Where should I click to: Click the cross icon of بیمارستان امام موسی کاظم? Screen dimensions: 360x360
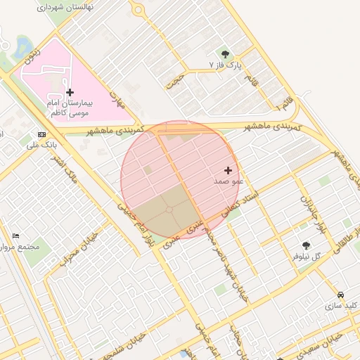(x=69, y=92)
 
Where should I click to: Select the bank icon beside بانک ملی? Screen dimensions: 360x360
(x=41, y=134)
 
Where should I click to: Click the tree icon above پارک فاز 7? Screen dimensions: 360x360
(x=225, y=53)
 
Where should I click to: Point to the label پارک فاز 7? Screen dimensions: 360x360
(x=225, y=65)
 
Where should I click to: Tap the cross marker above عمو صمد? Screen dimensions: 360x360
(x=228, y=170)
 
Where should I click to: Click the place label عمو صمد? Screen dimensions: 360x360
(x=229, y=181)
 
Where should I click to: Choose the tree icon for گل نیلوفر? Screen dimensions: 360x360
(x=306, y=245)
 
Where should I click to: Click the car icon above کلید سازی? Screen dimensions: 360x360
(x=340, y=295)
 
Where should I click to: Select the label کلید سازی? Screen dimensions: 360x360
(x=341, y=306)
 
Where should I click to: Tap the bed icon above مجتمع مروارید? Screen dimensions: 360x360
(x=16, y=236)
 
